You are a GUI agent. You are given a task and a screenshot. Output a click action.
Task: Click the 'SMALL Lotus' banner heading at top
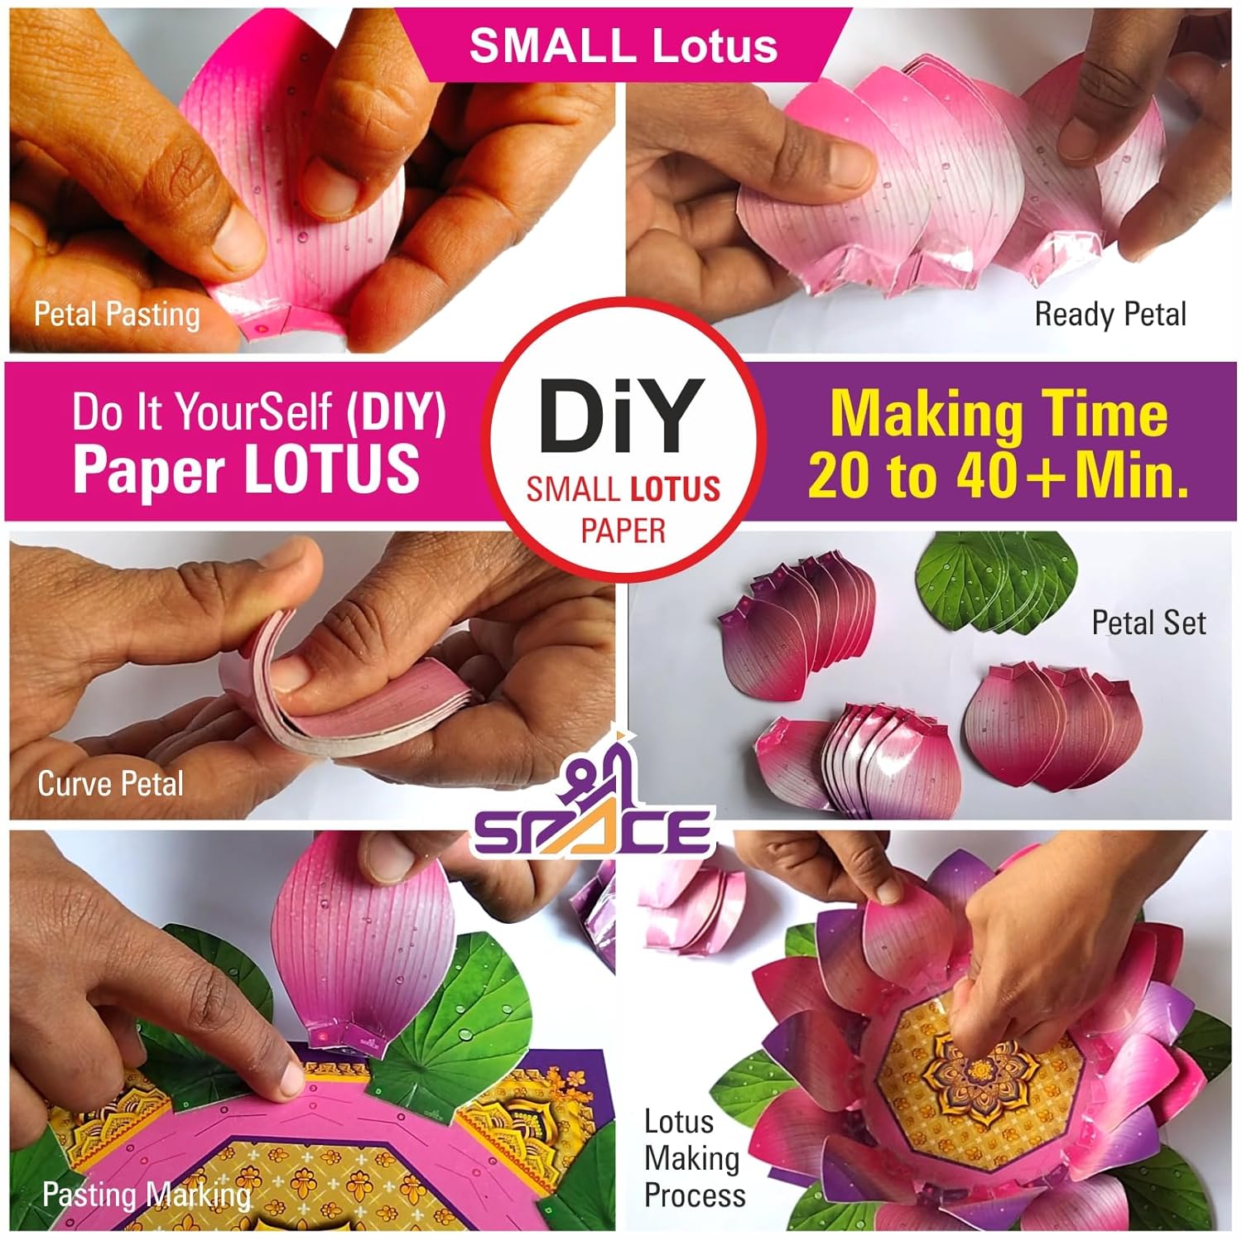click(x=623, y=45)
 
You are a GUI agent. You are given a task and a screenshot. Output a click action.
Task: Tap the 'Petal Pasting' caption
click(x=117, y=315)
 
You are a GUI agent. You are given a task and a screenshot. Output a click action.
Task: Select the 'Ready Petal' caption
click(x=1110, y=315)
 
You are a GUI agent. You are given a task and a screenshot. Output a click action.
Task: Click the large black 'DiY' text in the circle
click(x=622, y=416)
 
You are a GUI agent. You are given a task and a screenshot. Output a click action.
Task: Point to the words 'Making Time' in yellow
click(x=999, y=413)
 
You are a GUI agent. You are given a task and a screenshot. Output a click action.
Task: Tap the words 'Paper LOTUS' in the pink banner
click(x=247, y=469)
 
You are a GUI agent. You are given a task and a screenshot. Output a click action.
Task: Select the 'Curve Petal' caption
click(x=111, y=783)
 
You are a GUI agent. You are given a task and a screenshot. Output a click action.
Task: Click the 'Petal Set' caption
click(x=1148, y=623)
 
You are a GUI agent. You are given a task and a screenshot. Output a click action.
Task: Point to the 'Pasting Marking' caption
click(x=147, y=1195)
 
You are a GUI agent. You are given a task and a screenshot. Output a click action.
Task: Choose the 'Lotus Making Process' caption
click(x=694, y=1158)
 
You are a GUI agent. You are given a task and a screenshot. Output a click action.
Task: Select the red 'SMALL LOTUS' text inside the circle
click(x=623, y=489)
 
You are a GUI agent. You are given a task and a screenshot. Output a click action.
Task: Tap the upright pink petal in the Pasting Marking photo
click(x=364, y=944)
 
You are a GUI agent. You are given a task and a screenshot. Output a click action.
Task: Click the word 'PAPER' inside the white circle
click(x=623, y=530)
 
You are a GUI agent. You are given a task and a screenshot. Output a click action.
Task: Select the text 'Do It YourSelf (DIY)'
click(x=259, y=411)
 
